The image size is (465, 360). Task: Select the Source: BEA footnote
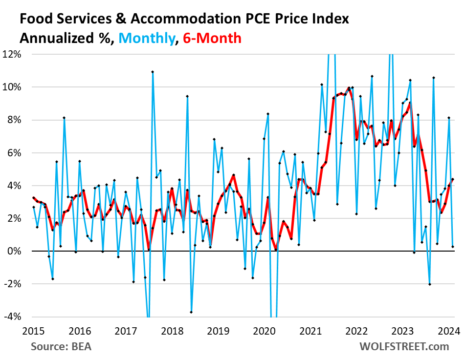tap(61, 347)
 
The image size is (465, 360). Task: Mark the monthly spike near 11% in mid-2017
tap(153, 72)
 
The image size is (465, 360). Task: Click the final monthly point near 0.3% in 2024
tap(453, 247)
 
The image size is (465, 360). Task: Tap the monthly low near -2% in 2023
tap(429, 284)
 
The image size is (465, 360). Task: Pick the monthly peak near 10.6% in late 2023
tap(433, 78)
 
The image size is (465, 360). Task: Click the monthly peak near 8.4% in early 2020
tap(268, 114)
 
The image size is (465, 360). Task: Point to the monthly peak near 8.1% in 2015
tap(64, 118)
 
